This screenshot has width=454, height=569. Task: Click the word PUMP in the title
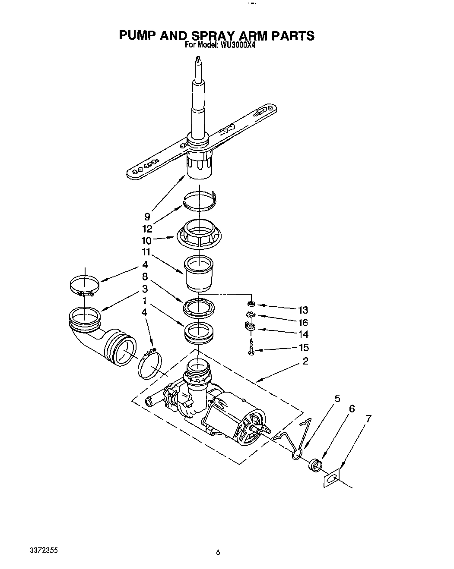[x=137, y=35]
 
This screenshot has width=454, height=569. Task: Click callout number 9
[x=147, y=217]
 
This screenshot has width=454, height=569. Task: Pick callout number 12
[x=147, y=229]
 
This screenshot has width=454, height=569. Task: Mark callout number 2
[x=305, y=361]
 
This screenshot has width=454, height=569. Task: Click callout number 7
[x=368, y=418]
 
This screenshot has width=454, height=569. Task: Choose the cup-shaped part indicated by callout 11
[x=199, y=273]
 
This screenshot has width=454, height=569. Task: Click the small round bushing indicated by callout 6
[x=316, y=465]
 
